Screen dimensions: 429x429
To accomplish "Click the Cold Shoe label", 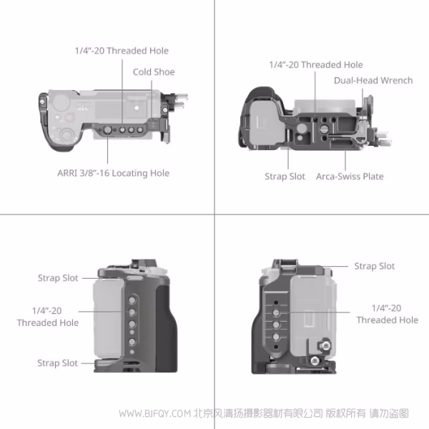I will pyautogui.click(x=153, y=72).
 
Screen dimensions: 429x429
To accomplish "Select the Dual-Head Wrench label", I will pyautogui.click(x=373, y=80).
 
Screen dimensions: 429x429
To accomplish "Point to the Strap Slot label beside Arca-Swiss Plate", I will pyautogui.click(x=285, y=177).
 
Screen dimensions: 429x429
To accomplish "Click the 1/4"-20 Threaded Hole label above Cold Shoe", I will pyautogui.click(x=122, y=51).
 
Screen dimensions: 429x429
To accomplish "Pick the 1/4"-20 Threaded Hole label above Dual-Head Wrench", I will pyautogui.click(x=315, y=64).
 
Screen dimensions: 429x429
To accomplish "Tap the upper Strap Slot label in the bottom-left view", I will pyautogui.click(x=58, y=278).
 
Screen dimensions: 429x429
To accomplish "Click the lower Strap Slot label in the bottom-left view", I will pyautogui.click(x=58, y=363).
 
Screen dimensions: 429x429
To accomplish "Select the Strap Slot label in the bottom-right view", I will pyautogui.click(x=374, y=266).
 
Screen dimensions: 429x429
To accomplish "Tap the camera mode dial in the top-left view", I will pyautogui.click(x=67, y=136).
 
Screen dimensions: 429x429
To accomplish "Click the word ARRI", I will pyautogui.click(x=69, y=173).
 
